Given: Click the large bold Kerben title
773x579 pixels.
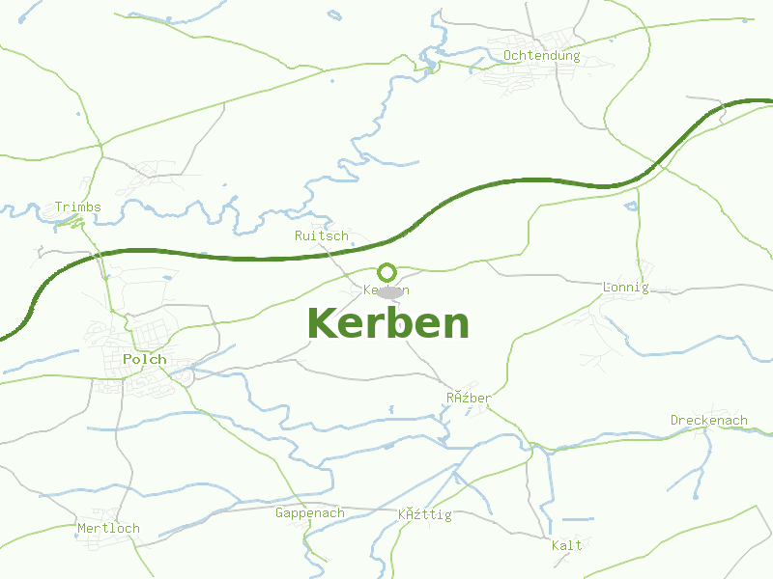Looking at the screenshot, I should point(388,323).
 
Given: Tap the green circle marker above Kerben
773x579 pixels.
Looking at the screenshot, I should point(387,272).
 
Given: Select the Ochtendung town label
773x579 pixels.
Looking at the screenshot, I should point(541,56).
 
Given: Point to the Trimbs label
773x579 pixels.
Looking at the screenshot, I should point(77,207).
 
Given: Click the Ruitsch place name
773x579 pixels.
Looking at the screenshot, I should point(321,236).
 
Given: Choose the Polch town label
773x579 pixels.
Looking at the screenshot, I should point(145,359).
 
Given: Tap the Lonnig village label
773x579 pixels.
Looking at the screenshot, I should point(625,288).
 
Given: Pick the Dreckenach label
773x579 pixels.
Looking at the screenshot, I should point(709,421).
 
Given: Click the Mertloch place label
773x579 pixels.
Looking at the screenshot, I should point(108,529).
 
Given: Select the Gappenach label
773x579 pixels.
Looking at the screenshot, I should point(309,513).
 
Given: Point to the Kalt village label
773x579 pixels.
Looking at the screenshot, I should point(567,546).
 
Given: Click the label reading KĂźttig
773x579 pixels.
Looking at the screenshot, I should point(425,514).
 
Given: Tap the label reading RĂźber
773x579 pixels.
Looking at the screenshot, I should point(469,399).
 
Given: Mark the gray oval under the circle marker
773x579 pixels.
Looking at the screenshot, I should point(390,291).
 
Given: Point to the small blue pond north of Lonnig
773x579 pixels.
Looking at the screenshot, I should point(632,206).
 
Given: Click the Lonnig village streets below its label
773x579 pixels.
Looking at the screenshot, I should point(604,318).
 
